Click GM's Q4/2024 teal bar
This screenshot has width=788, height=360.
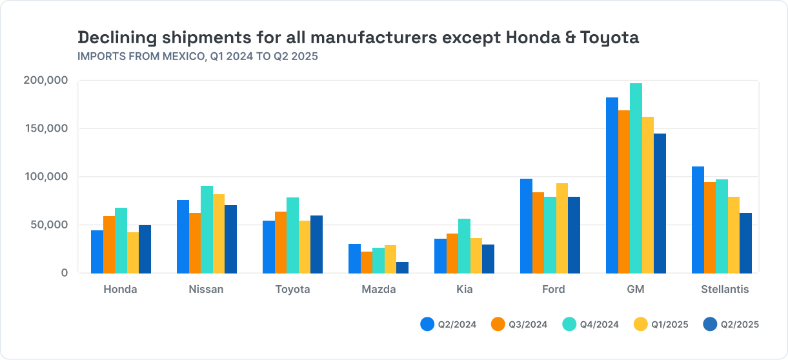(636, 178)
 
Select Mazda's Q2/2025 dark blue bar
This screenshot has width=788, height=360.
(402, 268)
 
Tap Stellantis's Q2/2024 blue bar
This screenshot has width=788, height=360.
(698, 219)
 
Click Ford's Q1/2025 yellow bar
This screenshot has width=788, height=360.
(562, 228)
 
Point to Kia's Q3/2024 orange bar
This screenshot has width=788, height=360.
(452, 253)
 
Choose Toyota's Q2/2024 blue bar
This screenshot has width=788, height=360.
(268, 246)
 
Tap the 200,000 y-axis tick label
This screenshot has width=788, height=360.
(46, 81)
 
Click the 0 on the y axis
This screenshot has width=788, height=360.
(64, 273)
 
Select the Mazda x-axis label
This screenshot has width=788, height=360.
(378, 290)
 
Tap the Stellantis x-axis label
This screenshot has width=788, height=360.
(725, 290)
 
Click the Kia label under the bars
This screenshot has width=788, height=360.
(464, 290)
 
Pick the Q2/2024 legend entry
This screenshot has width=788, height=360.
(448, 325)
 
